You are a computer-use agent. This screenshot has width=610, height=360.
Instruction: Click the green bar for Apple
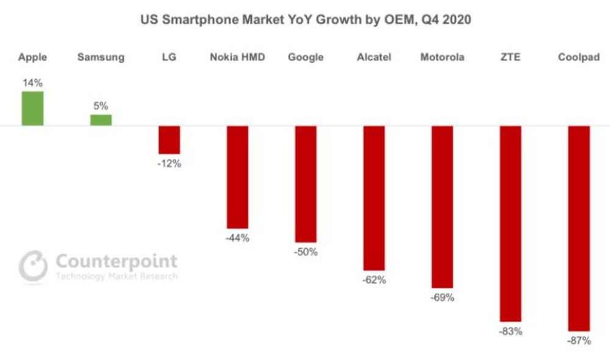click(x=32, y=109)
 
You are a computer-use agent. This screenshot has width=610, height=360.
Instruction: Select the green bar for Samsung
click(x=101, y=120)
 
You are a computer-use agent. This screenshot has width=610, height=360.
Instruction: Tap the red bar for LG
click(x=170, y=140)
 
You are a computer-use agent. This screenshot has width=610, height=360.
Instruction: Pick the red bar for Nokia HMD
click(x=237, y=177)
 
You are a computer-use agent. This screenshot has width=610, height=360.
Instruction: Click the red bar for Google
click(x=306, y=184)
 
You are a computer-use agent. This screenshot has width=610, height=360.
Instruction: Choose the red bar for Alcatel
click(x=374, y=198)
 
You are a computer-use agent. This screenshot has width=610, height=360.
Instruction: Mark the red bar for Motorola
click(x=442, y=207)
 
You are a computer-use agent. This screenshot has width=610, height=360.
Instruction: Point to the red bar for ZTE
click(x=511, y=223)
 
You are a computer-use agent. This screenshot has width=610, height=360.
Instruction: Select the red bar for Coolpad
click(x=579, y=228)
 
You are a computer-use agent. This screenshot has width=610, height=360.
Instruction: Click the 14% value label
click(x=32, y=83)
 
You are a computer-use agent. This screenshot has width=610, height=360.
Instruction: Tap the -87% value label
click(x=579, y=341)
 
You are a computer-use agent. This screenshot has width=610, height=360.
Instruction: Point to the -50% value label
click(x=306, y=252)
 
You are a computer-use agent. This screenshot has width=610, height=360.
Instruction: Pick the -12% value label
click(x=170, y=164)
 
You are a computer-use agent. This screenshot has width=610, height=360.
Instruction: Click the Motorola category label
click(x=442, y=57)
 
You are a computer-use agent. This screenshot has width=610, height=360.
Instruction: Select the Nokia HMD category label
click(x=237, y=57)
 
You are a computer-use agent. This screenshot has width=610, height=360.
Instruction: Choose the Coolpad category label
click(x=579, y=57)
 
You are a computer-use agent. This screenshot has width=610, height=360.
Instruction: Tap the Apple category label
click(x=32, y=57)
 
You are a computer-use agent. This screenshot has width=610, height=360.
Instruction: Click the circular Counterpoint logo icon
click(x=33, y=266)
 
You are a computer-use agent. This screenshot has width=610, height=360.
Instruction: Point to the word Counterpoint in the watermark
click(x=117, y=261)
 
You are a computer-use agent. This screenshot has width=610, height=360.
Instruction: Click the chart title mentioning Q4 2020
click(x=306, y=20)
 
